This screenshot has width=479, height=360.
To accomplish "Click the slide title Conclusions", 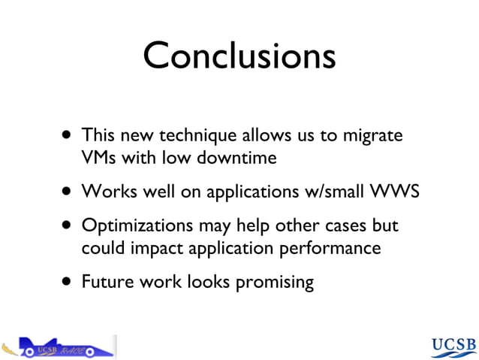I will (239, 56).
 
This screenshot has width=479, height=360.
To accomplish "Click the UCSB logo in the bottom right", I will (453, 346).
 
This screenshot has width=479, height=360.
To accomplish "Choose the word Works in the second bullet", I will (104, 192).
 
